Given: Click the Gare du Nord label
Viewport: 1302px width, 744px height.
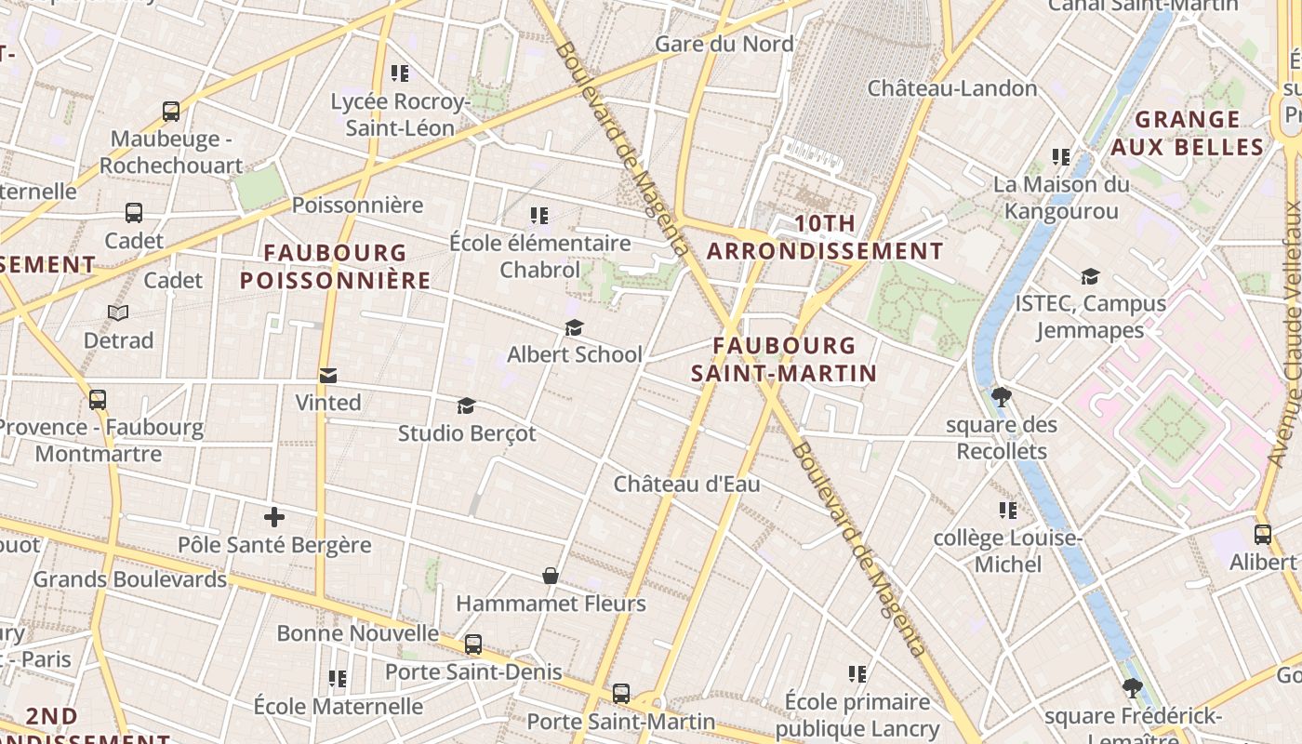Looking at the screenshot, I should tap(724, 44).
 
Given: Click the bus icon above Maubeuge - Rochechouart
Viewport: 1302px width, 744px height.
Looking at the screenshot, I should tap(171, 112).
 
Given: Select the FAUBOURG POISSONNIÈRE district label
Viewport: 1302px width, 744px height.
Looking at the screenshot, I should tap(336, 266).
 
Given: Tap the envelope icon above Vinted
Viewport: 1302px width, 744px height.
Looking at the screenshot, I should tap(328, 376).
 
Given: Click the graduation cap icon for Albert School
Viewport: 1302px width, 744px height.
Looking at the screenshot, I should tap(574, 328).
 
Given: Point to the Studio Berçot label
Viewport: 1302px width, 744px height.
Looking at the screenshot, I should tap(467, 433).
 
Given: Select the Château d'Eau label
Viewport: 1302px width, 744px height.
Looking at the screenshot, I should tap(686, 484).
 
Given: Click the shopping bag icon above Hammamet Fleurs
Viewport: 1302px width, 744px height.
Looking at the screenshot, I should tap(551, 577).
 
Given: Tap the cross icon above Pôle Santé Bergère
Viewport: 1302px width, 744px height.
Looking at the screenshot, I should tap(274, 517).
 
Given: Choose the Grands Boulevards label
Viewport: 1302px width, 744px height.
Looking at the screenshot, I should tap(130, 579).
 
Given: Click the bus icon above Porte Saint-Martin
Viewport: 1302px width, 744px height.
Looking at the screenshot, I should tap(621, 694).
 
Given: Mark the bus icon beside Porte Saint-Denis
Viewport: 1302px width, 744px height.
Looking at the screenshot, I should tap(473, 644).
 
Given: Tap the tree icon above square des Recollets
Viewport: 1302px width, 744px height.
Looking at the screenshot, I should tap(1002, 398).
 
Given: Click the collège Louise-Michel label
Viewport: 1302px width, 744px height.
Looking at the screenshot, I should tap(1008, 551).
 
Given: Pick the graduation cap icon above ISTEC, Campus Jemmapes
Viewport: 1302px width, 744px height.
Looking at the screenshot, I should tap(1090, 276).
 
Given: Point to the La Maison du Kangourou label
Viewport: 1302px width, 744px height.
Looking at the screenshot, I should tap(1061, 197).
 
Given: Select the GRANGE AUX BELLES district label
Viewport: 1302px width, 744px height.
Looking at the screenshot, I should tap(1188, 133).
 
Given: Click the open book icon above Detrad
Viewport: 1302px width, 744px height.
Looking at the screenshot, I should tap(118, 313).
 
